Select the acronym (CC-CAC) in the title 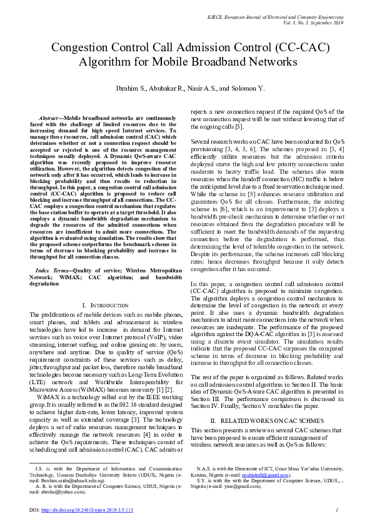click(x=291, y=48)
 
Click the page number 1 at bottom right click(x=336, y=510)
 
